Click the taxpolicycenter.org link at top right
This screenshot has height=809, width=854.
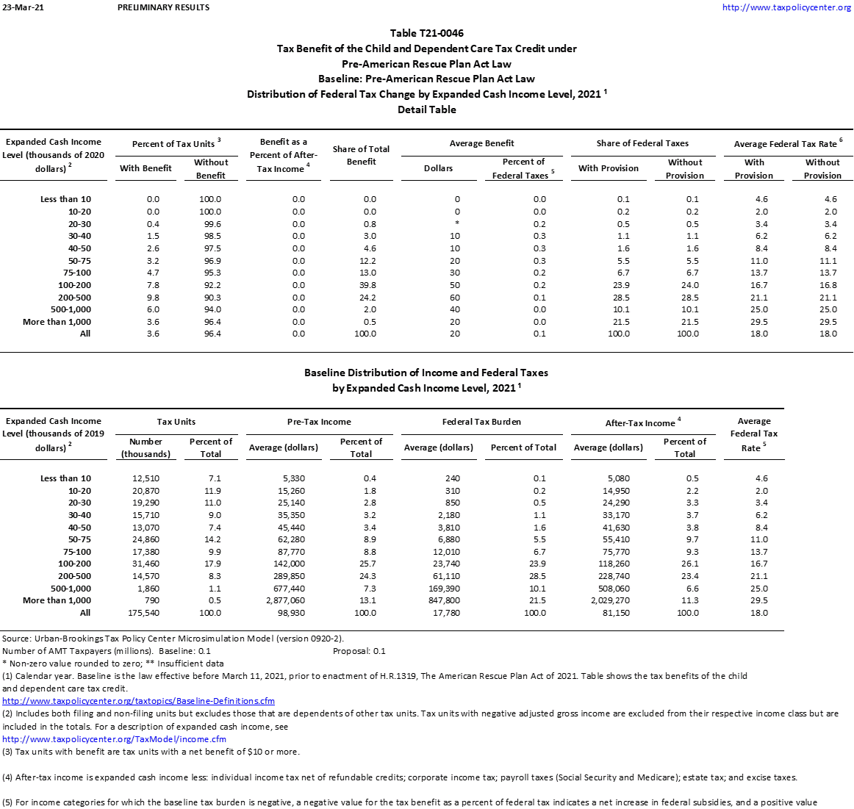pos(786,7)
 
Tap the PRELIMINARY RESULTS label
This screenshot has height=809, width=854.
pos(163,7)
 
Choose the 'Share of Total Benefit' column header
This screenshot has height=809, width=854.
pos(361,155)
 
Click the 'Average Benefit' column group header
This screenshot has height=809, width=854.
pos(481,143)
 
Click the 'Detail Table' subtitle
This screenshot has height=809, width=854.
pos(426,109)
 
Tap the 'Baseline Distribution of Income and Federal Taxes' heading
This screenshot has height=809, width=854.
pos(426,373)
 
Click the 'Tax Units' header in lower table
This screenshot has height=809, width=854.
pos(176,422)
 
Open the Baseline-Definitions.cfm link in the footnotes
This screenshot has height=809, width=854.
pos(138,701)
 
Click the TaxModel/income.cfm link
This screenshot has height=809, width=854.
pos(114,739)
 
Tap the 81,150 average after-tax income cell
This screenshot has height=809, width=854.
pos(612,613)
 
